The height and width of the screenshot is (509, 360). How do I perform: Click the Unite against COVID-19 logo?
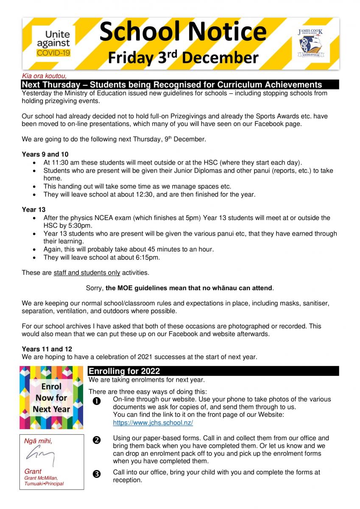tap(53, 43)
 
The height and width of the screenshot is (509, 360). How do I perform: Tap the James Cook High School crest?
tap(311, 44)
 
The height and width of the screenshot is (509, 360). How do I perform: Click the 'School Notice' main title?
tap(183, 31)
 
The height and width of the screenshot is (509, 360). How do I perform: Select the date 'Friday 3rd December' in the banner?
tap(183, 57)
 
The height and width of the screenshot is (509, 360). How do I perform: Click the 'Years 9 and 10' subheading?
tap(45, 154)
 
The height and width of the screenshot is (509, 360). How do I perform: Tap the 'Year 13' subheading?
tap(33, 210)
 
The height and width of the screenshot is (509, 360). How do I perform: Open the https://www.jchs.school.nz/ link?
tap(153, 422)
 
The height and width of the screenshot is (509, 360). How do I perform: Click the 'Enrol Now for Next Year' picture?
tap(51, 397)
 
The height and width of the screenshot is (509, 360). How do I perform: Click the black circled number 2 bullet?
tap(96, 440)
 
